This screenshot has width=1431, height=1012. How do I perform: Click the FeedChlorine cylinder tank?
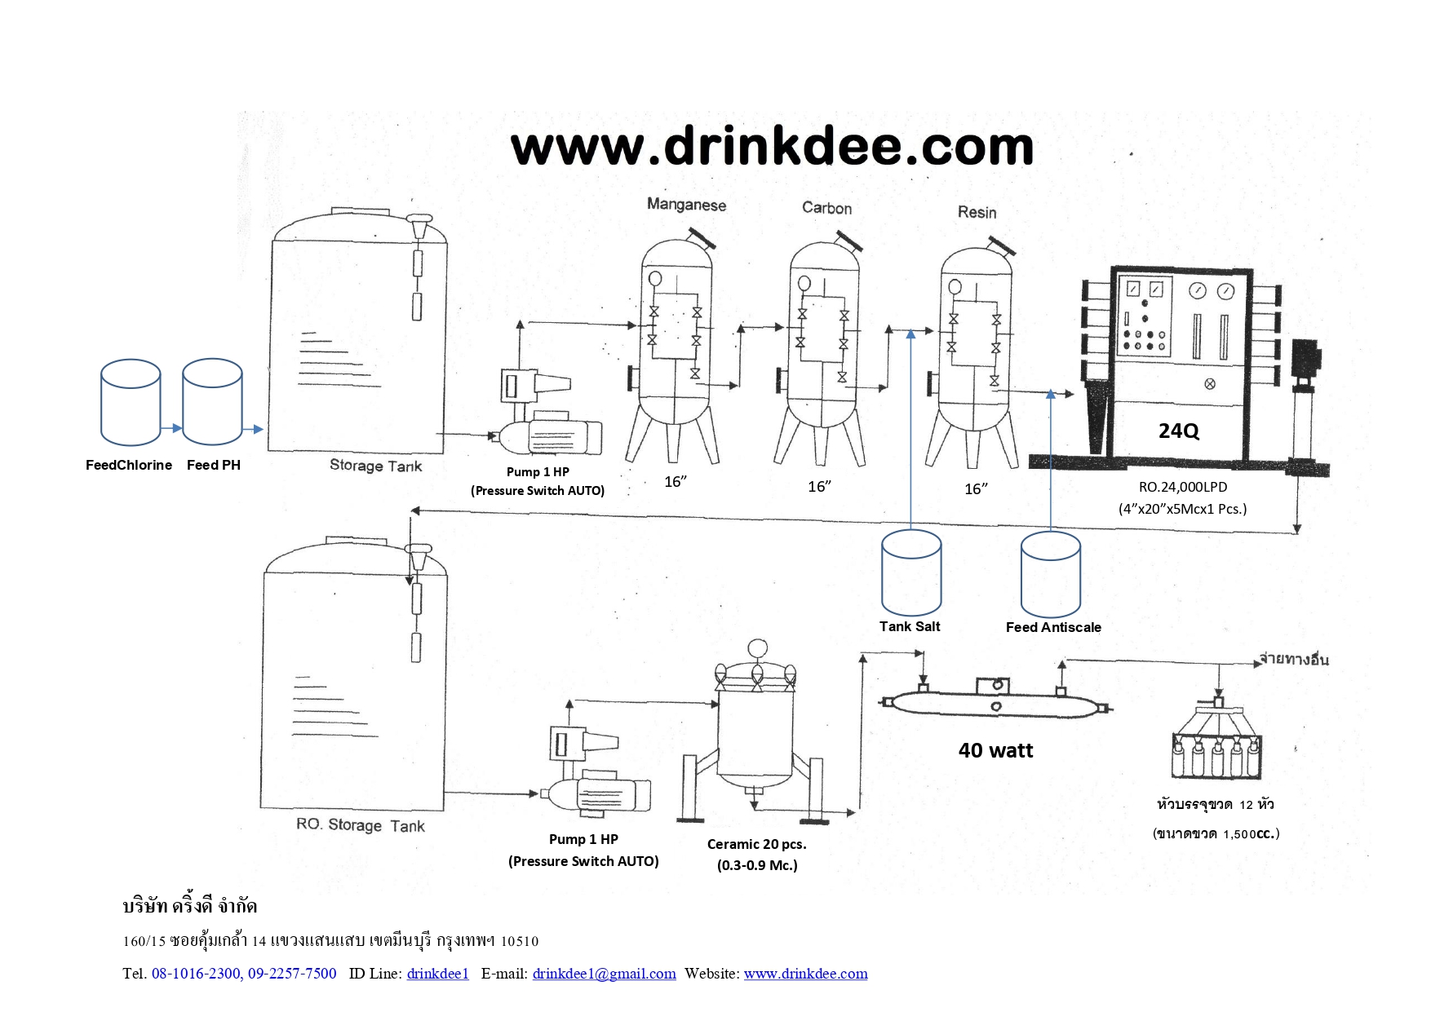point(131,402)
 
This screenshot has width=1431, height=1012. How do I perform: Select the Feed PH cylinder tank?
point(212,401)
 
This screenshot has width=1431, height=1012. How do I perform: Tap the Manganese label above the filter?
point(686,204)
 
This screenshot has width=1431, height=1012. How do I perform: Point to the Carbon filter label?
point(826,208)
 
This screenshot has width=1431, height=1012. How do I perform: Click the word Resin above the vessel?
point(977,212)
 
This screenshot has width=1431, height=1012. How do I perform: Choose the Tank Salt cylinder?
point(911,572)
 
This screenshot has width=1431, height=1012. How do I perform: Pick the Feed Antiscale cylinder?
point(1051,574)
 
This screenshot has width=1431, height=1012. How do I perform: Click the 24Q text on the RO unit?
point(1179,431)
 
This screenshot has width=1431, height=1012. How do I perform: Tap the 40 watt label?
point(995,750)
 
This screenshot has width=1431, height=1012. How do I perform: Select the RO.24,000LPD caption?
point(1183,487)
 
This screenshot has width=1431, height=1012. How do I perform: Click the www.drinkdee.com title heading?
point(772,147)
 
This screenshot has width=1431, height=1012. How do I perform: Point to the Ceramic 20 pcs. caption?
point(756,844)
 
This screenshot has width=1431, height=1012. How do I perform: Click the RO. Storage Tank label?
point(361,825)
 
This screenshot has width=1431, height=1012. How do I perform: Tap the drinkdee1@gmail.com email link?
point(604,973)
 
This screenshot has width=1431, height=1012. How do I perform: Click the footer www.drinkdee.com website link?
point(805,973)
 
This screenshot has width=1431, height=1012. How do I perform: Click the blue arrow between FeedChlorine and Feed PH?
point(171,428)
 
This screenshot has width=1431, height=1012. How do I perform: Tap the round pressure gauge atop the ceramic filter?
point(757,648)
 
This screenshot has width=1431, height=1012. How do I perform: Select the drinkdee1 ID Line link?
point(437,973)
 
